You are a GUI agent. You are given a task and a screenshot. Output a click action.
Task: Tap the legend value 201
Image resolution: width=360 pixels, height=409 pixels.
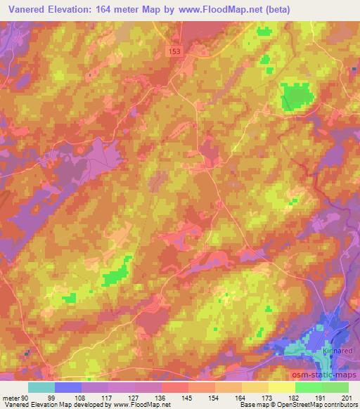pos(348,397)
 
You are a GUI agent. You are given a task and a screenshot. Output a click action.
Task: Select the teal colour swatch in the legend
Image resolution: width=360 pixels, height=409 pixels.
pos(41,387)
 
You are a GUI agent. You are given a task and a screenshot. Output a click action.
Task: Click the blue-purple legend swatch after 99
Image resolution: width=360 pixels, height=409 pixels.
pos(68,387)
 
